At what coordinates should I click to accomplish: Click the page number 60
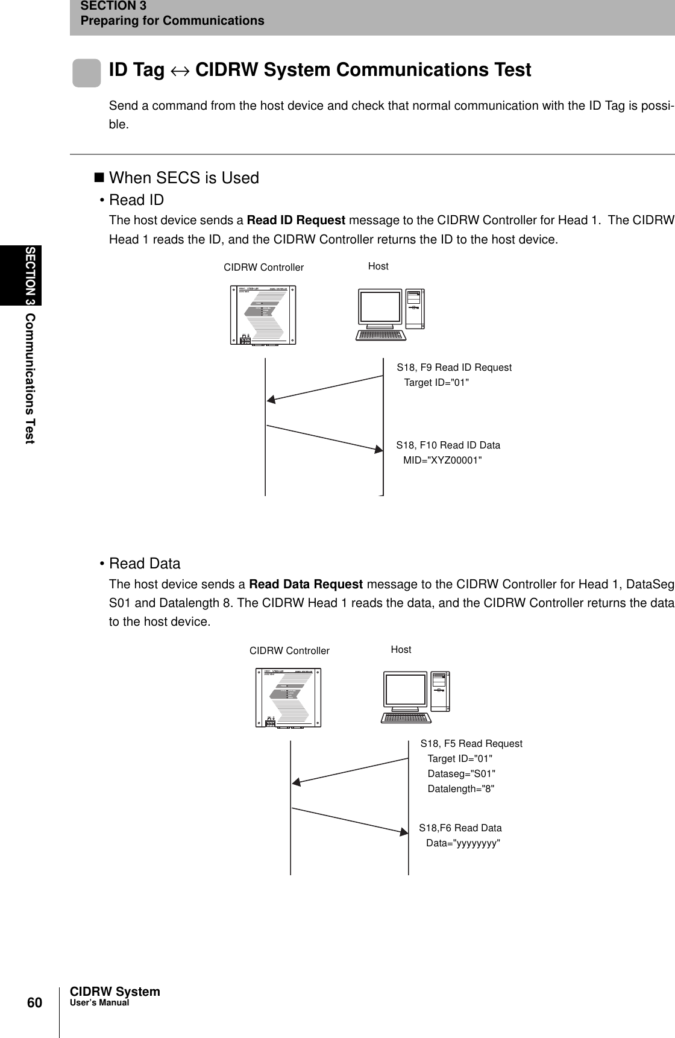click(34, 1002)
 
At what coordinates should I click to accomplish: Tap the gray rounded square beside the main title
click(87, 73)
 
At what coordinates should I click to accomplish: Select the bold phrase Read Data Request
click(306, 583)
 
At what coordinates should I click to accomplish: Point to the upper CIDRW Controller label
click(263, 267)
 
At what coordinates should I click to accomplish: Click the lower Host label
click(401, 649)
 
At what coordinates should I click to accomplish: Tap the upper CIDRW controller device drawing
click(263, 314)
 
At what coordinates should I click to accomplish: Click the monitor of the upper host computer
click(380, 307)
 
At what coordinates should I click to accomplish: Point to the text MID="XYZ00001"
click(442, 461)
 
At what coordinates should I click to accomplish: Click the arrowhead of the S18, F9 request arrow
click(272, 399)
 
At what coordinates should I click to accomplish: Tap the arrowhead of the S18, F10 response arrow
click(378, 449)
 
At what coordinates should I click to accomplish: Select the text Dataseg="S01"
click(461, 773)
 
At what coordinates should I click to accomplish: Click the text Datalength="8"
click(460, 788)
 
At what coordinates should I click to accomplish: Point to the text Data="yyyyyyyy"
click(463, 843)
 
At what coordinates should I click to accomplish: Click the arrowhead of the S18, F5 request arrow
click(297, 782)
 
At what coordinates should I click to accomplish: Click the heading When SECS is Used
click(183, 178)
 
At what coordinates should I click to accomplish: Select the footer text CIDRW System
click(115, 992)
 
